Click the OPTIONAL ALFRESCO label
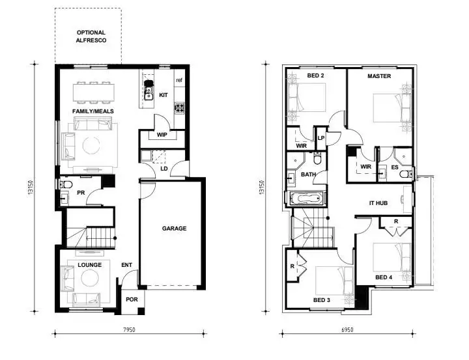(91, 36)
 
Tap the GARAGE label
(174, 228)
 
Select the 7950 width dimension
(129, 331)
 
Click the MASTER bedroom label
(378, 76)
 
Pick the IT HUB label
(378, 204)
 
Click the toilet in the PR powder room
(65, 185)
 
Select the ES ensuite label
(395, 167)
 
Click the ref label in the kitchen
(179, 80)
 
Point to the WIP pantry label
(162, 135)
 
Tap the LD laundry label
(164, 169)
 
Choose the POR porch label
(132, 300)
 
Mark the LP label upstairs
(321, 138)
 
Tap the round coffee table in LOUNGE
(89, 279)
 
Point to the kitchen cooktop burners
(178, 107)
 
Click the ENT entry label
(127, 265)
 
